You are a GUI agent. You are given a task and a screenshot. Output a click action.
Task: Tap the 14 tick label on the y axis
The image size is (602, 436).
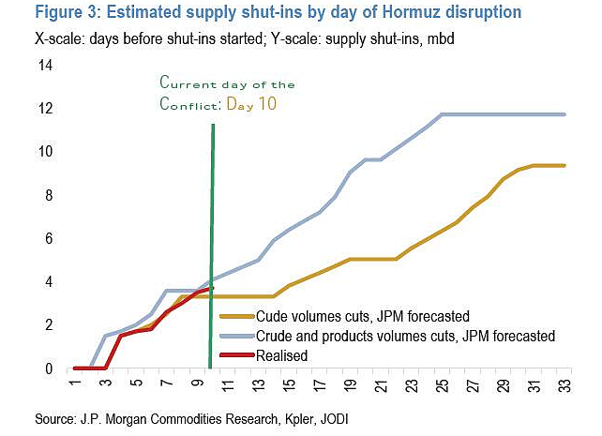[x=45, y=66]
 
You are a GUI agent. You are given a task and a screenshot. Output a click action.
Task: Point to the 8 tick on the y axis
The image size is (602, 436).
[x=49, y=195]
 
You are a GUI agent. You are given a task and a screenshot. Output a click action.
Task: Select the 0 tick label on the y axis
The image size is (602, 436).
[x=49, y=368]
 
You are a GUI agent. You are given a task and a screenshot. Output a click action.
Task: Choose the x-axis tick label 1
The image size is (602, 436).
[x=75, y=383]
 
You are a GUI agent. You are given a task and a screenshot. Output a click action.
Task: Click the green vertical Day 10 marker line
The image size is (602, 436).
[x=211, y=246]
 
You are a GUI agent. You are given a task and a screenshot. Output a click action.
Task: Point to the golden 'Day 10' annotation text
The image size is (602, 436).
[x=251, y=104]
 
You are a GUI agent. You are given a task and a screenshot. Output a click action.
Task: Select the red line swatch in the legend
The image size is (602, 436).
[x=237, y=355]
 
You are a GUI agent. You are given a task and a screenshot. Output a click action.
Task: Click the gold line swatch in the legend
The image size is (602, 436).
[x=237, y=316]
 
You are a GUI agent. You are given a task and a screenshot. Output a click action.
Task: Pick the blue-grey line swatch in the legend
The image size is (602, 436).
[x=237, y=337]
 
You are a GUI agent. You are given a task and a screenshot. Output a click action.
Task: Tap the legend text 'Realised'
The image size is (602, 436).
[x=282, y=355]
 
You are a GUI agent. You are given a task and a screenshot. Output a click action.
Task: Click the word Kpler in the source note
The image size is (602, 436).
[x=299, y=419]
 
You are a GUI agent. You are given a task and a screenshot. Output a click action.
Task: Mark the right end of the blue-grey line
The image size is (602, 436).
[x=564, y=114]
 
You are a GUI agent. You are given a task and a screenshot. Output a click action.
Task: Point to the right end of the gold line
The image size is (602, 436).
[x=564, y=165]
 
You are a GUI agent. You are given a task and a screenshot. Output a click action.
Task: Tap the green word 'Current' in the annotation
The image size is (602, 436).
[x=188, y=83]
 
